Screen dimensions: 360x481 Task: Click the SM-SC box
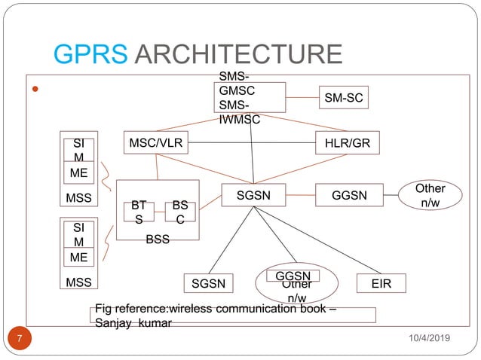click(343, 97)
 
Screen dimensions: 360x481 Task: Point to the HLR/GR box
click(347, 142)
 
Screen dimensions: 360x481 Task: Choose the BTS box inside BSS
click(139, 211)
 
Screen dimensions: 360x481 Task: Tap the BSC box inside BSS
click(180, 211)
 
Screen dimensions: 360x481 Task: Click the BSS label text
click(158, 239)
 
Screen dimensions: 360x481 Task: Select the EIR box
click(381, 283)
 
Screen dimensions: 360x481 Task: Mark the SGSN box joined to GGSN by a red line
click(253, 195)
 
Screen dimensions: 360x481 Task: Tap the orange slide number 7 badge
click(22, 340)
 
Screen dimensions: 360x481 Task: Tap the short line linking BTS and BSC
click(160, 212)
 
